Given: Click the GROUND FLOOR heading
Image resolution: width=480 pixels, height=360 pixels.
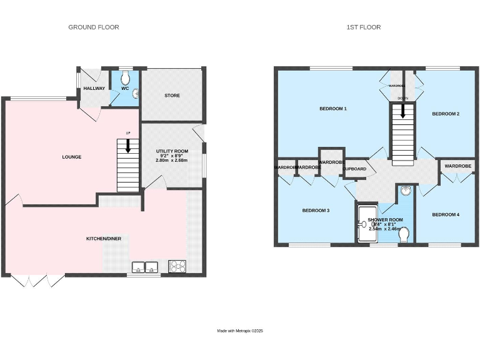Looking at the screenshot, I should pos(93,27).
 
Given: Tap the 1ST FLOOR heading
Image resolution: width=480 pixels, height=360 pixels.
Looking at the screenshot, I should pos(364,27).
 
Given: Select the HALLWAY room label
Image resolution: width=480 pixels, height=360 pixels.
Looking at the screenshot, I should pos(94,89).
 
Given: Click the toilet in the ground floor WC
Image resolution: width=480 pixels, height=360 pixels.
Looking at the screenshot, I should pos(126,77).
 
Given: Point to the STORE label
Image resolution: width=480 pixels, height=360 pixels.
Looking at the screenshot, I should pos(172,96).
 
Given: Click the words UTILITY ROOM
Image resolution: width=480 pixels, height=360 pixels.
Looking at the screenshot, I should pos(172,151).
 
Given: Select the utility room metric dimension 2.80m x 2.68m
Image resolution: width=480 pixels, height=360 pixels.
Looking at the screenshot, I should pos(172,161).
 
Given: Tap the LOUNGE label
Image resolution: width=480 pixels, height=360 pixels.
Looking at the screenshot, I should pos(71,157).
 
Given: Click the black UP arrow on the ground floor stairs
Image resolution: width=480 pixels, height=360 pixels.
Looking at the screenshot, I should pos(128,146).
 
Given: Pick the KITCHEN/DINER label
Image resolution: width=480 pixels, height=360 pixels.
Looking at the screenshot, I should pos(103,239).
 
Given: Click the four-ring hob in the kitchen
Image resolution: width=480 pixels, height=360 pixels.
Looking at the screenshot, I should pos(177,267).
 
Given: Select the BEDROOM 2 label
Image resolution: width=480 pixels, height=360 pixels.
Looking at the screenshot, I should pos(446,114).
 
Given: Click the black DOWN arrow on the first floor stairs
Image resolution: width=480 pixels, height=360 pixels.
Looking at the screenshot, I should pos(403,111).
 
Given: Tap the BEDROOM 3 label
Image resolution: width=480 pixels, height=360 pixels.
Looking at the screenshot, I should pos(316,211).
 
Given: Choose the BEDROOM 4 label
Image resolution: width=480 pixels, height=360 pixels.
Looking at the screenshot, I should pos(446,214).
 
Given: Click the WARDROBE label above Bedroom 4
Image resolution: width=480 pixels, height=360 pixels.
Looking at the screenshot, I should pos(457,166).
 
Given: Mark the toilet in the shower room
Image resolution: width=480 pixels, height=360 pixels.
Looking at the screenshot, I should pos(404,234).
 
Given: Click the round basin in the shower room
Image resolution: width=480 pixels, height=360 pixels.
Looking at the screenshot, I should pos(405,191).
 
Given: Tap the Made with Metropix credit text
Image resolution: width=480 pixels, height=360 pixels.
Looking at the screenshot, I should pos(240,331).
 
